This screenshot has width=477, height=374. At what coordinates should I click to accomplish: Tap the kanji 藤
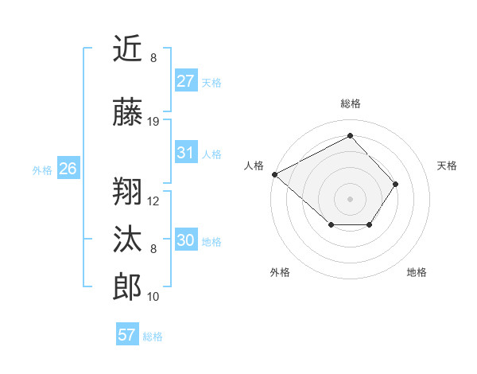128,114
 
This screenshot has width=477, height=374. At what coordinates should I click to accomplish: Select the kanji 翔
128,191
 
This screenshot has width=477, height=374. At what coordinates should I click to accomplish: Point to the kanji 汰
128,240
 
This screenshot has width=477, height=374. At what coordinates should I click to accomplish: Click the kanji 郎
128,286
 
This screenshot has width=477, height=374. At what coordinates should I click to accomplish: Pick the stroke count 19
153,122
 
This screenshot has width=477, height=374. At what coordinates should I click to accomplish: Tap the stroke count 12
153,201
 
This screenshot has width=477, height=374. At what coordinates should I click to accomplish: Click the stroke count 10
153,297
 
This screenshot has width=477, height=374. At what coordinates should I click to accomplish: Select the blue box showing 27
185,81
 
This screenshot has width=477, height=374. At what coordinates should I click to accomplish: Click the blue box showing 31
185,153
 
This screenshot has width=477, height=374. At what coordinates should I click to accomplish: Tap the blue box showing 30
185,241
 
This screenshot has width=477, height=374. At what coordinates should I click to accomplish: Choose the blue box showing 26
68,169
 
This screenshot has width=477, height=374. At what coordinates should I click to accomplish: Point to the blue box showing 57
127,335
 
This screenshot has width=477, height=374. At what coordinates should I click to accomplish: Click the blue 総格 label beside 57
153,337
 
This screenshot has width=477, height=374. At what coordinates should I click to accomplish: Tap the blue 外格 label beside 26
42,169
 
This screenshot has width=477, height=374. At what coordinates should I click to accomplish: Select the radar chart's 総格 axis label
351,103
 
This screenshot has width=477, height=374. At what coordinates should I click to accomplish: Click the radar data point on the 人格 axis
274,174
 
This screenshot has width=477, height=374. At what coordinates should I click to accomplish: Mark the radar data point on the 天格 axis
396,185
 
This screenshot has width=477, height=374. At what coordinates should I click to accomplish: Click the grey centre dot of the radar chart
351,198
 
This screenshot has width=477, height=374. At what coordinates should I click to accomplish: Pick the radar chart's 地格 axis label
417,272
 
